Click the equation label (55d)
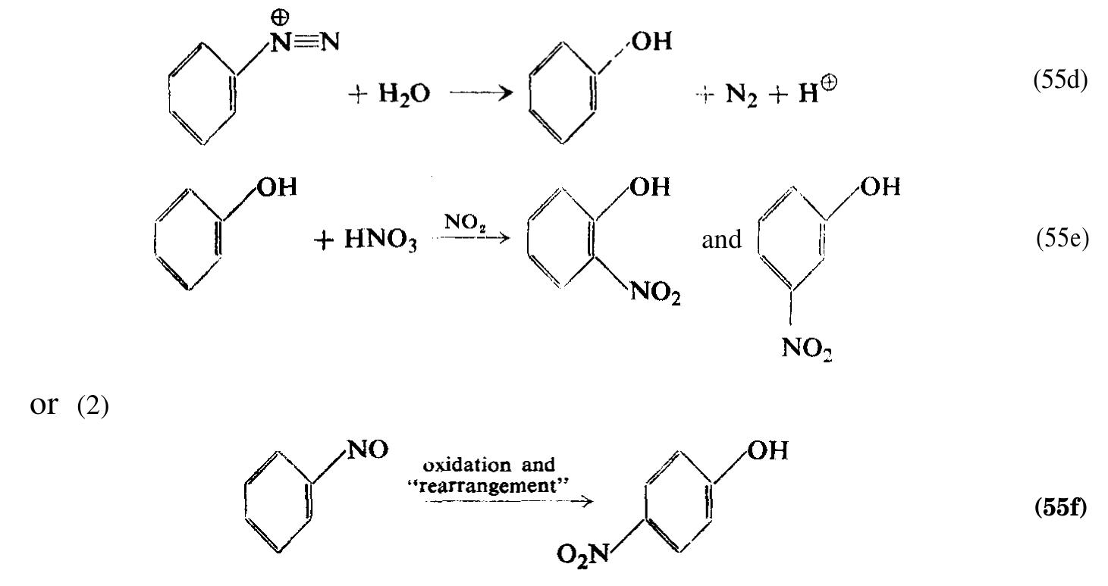pos(1060,80)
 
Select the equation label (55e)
pos(1062,238)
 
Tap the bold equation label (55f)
pos(1061,508)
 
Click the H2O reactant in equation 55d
pos(404,94)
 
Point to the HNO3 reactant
pos(381,240)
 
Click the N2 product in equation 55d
pos(741,95)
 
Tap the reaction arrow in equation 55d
pos(482,93)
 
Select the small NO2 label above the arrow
pos(465,222)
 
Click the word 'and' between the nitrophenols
pos(722,240)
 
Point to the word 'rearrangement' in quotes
pos(488,486)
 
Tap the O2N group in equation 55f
pos(582,554)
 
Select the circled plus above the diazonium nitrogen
pos(280,18)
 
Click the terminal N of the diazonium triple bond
pos(330,42)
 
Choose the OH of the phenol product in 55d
pos(652,42)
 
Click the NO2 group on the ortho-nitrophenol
pos(655,293)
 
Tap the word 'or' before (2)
pos(43,406)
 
